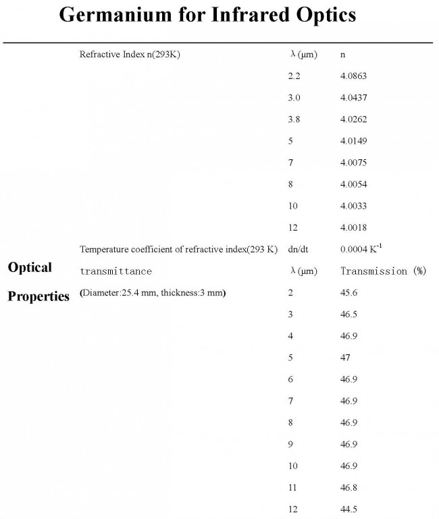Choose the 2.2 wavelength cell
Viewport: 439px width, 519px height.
point(294,76)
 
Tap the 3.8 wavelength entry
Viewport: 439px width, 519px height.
point(294,119)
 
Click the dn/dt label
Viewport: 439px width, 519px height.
point(298,249)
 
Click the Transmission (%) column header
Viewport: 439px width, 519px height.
point(383,271)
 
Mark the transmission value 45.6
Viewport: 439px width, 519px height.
point(349,293)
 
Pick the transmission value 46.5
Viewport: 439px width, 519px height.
point(349,315)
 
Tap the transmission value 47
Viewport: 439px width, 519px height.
point(346,358)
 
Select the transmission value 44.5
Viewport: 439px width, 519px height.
point(349,509)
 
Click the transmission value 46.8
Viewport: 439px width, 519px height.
point(349,487)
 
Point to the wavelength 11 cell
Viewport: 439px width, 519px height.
point(292,487)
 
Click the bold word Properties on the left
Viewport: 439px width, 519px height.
point(38,296)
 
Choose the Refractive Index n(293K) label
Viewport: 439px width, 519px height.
point(130,55)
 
